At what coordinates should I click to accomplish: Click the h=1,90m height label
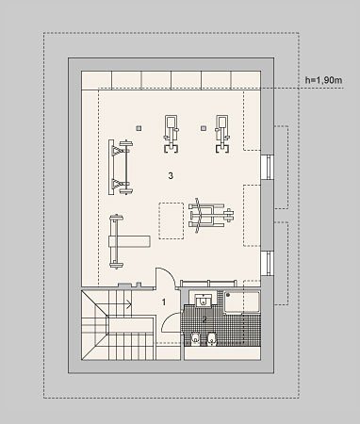(x=323, y=80)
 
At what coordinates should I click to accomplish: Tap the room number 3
(x=171, y=176)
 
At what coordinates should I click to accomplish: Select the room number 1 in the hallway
(x=164, y=302)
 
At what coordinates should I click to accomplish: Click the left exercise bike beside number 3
(x=172, y=134)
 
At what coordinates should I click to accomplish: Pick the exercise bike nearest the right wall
(x=222, y=134)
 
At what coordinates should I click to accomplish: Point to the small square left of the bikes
(x=139, y=128)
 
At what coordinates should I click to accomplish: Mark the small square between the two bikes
(x=204, y=128)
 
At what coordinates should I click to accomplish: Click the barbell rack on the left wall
(x=121, y=168)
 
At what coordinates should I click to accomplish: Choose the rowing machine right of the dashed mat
(x=211, y=216)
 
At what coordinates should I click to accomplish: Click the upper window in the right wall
(x=268, y=167)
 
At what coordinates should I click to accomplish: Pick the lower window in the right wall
(x=268, y=264)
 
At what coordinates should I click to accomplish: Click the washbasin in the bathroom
(x=203, y=301)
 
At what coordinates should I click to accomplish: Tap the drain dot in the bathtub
(x=228, y=295)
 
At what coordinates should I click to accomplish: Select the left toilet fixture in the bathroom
(x=195, y=338)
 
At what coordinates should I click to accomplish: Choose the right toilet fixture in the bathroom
(x=212, y=338)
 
